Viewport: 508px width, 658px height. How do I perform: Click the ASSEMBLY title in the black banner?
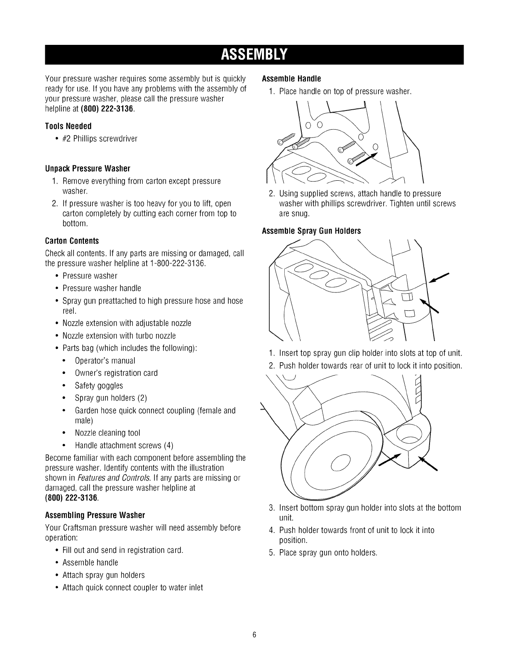pos(254,54)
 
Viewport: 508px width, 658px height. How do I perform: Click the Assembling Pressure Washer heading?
pos(95,516)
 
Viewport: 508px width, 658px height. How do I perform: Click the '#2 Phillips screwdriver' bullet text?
pos(100,138)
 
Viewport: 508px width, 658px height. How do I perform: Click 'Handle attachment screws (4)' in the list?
pos(124,446)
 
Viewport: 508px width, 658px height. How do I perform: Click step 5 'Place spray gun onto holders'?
pos(328,553)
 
